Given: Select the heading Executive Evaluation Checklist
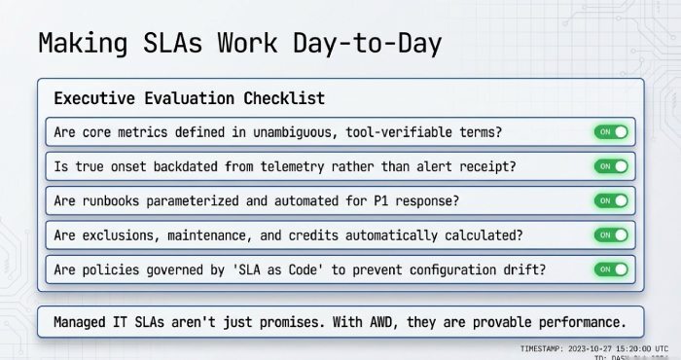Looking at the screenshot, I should click(x=189, y=98).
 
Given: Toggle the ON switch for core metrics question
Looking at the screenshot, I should click(x=611, y=132).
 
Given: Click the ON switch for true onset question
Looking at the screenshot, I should click(x=611, y=166).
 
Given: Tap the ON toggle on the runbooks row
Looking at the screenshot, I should click(x=611, y=200).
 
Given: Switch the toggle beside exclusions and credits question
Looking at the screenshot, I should click(x=611, y=234).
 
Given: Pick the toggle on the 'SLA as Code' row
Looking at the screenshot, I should click(x=611, y=269).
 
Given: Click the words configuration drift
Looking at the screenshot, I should click(x=446, y=269).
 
